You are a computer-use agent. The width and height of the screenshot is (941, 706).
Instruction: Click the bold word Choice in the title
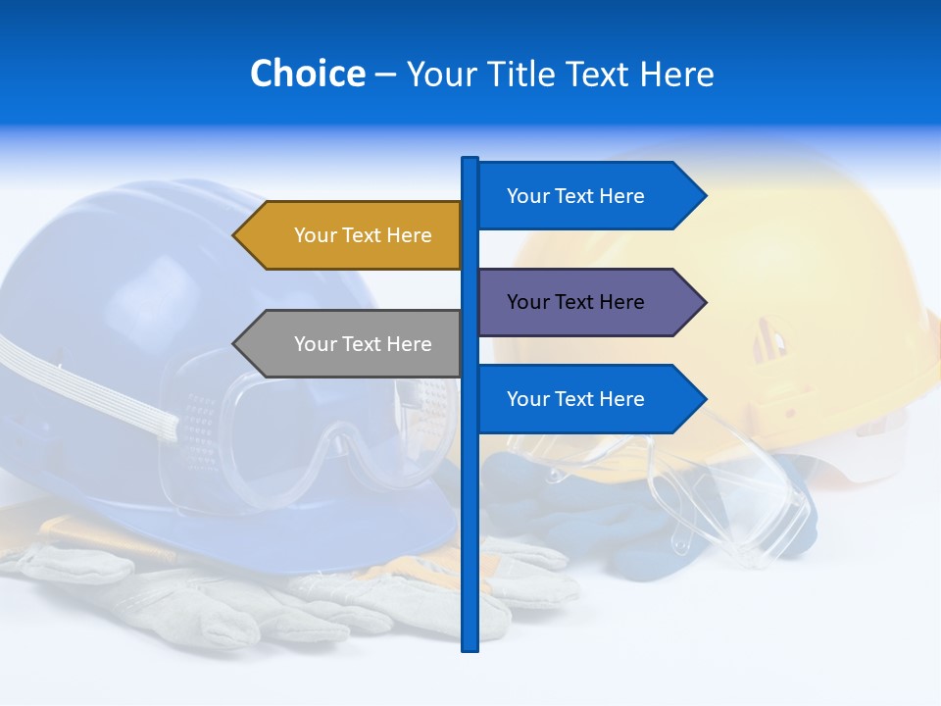click(x=307, y=74)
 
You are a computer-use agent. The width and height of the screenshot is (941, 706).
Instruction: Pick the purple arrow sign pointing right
click(x=584, y=302)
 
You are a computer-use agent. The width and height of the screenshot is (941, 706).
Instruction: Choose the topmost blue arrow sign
click(x=584, y=196)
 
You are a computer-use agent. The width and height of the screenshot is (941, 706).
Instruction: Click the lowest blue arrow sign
click(x=584, y=399)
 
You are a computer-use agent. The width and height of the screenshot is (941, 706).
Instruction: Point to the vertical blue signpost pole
click(x=470, y=529)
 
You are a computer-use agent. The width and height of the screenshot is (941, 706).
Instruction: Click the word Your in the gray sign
click(x=314, y=344)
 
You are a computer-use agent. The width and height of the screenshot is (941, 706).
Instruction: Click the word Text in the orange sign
click(x=363, y=235)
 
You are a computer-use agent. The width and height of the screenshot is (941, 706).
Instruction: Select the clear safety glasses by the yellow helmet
click(x=725, y=500)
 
